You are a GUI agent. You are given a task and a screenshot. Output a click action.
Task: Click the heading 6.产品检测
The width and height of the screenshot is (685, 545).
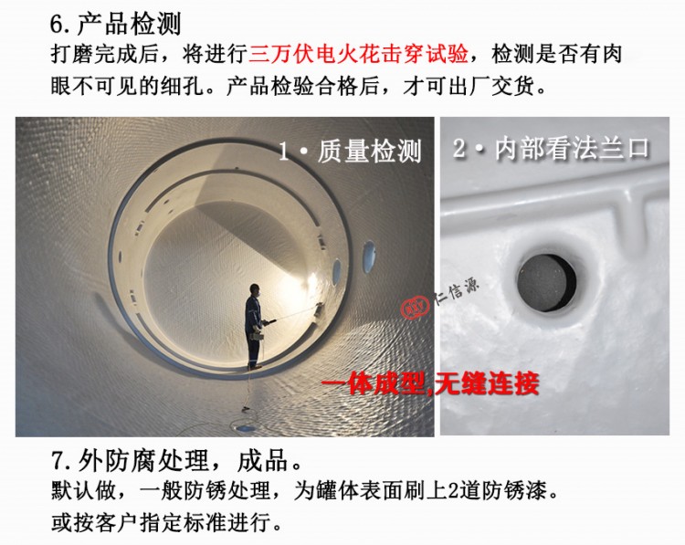coord(115,24)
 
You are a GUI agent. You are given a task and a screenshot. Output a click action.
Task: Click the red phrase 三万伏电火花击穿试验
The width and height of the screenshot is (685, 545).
coord(358,55)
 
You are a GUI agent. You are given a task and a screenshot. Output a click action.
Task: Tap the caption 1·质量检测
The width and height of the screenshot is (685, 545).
coord(350,152)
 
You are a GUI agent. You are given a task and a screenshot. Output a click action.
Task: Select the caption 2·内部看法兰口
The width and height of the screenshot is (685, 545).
coord(552,149)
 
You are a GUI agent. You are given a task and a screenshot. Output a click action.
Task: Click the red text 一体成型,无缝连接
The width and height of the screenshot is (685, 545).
coord(430,383)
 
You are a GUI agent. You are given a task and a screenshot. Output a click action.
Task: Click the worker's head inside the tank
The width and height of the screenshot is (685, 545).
coord(255,290)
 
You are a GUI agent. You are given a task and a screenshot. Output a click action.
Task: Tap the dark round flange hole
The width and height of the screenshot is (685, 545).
coord(546,283)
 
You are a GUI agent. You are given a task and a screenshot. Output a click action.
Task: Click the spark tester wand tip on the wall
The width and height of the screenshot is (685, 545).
coord(319,306)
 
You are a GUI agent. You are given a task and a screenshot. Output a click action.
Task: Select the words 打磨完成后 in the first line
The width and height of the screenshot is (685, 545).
coord(105,55)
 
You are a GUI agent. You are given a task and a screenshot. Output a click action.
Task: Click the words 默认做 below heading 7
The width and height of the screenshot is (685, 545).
coord(84,491)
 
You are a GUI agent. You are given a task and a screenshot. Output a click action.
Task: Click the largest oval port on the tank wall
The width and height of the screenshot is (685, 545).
coord(369,257)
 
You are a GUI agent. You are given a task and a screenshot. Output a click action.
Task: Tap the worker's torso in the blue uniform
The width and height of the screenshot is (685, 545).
coord(253,313)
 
